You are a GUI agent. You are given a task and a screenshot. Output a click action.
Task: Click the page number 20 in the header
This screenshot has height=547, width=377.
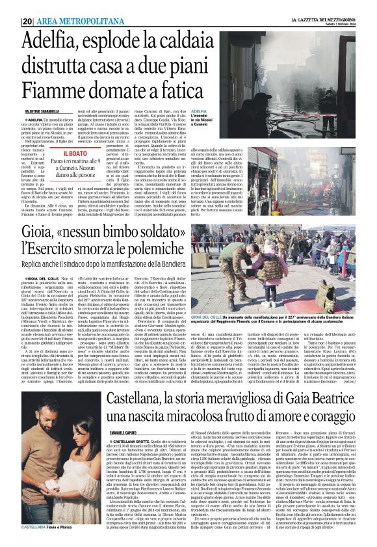point(28,21)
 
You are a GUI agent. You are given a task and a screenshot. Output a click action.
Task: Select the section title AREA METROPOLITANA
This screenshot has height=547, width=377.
point(72,21)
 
